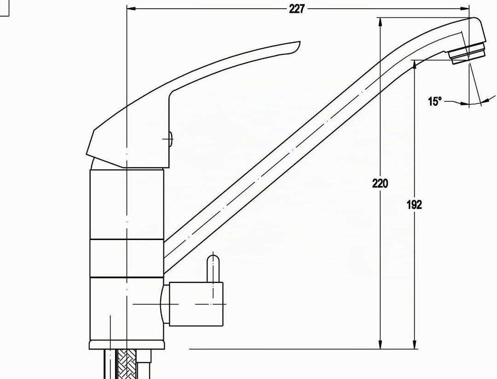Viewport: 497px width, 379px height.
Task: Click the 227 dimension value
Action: click(x=296, y=9)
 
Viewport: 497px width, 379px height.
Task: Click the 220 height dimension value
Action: click(x=380, y=183)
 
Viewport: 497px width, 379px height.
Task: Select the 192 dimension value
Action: click(x=414, y=205)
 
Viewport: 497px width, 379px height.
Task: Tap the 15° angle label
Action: click(x=434, y=101)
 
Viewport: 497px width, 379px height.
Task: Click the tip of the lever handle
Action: click(x=299, y=42)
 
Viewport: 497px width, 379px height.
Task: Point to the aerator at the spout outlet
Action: click(x=468, y=54)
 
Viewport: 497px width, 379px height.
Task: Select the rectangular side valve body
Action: click(x=196, y=304)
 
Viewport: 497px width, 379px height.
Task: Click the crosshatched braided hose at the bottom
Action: click(x=127, y=364)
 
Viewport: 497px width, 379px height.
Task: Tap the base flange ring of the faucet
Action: click(x=127, y=345)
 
